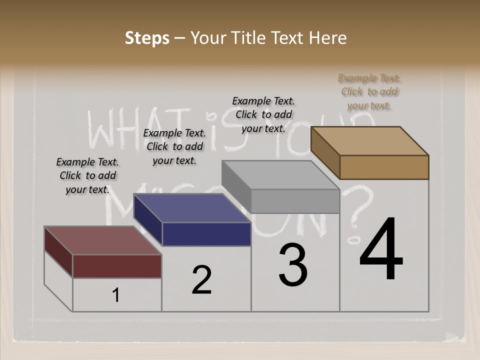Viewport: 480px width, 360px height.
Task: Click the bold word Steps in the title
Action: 147,38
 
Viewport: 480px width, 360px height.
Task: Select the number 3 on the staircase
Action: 293,265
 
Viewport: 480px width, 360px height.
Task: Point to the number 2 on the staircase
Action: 202,280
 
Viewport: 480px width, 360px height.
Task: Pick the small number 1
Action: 116,295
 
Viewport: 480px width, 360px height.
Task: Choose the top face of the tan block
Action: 370,141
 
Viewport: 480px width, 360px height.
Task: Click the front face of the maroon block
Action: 117,266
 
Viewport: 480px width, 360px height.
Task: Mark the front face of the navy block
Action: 206,234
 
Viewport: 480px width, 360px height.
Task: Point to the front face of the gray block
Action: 295,201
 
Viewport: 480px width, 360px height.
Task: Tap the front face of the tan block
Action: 384,167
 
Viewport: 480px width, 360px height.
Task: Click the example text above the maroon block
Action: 87,175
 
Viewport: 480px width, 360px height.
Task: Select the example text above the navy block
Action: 174,146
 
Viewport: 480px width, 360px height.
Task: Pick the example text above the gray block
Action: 263,114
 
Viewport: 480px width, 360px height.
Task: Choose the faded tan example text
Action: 369,91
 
